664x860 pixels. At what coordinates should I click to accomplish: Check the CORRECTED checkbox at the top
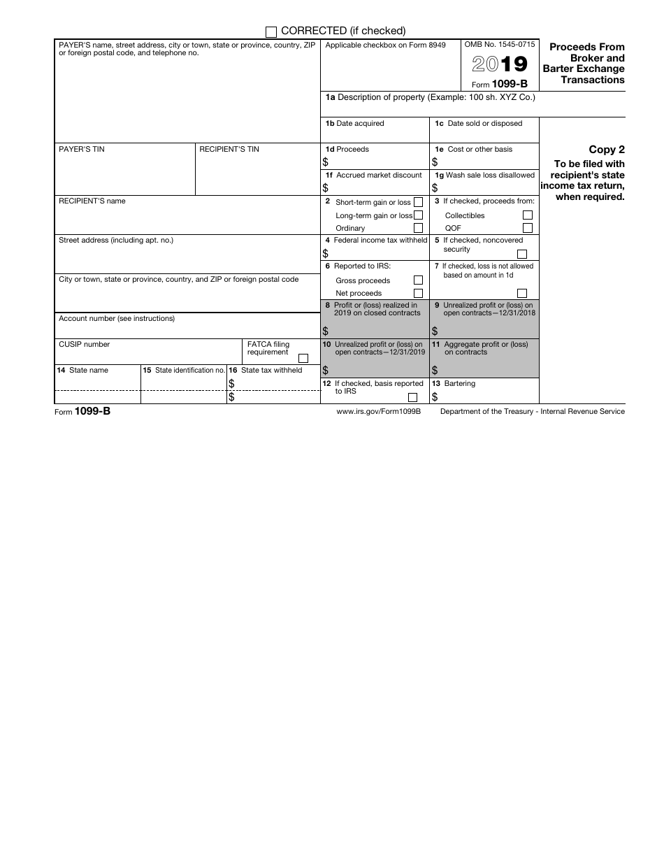(271, 31)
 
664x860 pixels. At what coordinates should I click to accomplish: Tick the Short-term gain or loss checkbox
(418, 202)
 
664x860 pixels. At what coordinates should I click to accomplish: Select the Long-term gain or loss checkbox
(418, 215)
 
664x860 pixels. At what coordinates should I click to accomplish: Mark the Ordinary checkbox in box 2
(418, 228)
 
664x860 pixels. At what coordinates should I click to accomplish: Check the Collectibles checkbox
(528, 215)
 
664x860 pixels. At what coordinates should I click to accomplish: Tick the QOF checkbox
(528, 228)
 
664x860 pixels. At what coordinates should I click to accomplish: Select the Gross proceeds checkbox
(418, 280)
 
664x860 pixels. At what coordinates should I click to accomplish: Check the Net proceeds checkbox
(418, 294)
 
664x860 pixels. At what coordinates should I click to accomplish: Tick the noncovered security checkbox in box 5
(521, 255)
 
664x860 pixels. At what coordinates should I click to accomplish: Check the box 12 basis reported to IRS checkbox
(412, 397)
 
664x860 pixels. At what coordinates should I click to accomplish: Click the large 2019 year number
(499, 64)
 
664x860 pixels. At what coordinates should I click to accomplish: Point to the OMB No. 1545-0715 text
(500, 44)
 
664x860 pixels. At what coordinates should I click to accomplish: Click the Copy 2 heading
(607, 150)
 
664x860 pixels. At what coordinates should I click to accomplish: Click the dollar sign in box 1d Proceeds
(326, 162)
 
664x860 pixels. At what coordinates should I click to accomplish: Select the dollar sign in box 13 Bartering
(435, 397)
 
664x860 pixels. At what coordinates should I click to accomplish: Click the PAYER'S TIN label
(82, 149)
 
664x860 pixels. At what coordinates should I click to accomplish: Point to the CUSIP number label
(84, 344)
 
